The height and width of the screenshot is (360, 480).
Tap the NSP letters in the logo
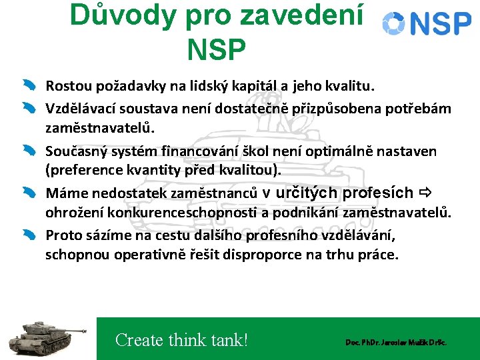point(441,24)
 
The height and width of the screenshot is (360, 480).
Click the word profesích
point(377,193)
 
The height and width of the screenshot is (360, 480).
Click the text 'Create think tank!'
point(181,340)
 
